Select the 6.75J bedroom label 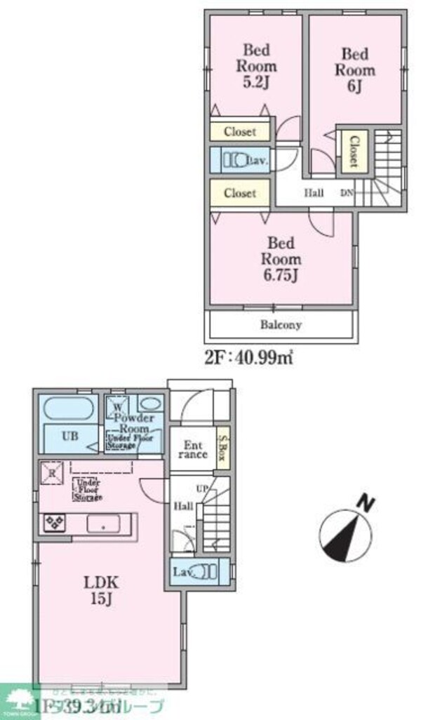[x=282, y=258]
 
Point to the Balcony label [x=281, y=325]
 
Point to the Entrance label [x=193, y=450]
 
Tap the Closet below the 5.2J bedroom [x=241, y=131]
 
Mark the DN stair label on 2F [x=347, y=193]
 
